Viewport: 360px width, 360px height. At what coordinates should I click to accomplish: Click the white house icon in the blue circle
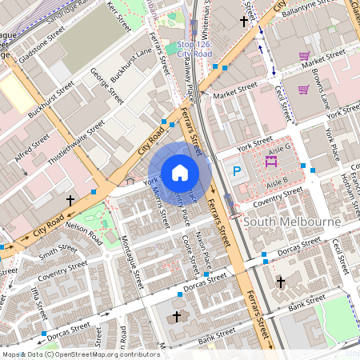[179, 172]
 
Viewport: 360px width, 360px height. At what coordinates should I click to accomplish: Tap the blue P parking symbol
[237, 170]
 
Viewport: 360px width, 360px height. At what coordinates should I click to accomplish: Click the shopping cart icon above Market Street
[304, 56]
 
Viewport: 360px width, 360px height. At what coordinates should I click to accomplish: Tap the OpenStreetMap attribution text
[80, 354]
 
